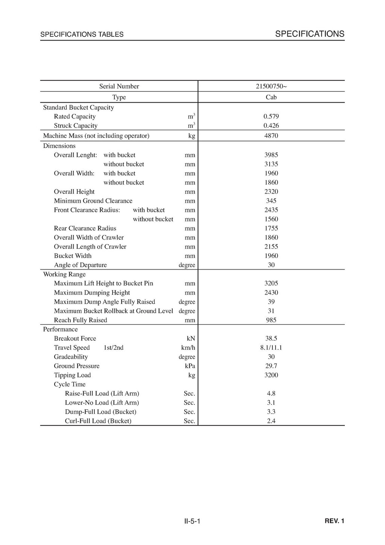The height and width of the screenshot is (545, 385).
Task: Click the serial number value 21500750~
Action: click(271, 87)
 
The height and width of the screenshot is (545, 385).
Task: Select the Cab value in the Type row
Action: click(271, 97)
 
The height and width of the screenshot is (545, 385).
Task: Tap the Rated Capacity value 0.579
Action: click(271, 117)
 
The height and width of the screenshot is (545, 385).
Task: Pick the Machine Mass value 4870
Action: click(271, 136)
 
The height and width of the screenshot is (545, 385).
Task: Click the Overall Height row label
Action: click(74, 192)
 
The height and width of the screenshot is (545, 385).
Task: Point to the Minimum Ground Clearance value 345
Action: click(271, 201)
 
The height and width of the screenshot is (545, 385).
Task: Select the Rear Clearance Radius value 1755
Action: click(271, 228)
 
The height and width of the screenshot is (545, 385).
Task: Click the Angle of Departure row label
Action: click(80, 265)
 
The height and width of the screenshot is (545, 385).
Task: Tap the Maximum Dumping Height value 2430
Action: click(271, 293)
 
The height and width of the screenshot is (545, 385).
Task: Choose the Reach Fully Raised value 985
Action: click(271, 320)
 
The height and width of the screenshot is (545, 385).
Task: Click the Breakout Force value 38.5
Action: click(271, 339)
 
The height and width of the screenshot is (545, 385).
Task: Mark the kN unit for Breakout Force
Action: click(191, 339)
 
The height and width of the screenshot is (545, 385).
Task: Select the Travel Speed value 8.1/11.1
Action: click(271, 348)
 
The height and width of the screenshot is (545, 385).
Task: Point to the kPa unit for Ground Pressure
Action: click(190, 366)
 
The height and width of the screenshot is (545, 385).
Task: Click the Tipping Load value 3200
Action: click(271, 375)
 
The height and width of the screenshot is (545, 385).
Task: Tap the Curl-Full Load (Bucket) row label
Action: click(98, 421)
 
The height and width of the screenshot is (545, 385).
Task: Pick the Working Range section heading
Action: click(64, 274)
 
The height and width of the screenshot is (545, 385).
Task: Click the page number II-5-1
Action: click(192, 521)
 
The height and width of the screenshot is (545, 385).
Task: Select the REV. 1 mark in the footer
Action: click(334, 521)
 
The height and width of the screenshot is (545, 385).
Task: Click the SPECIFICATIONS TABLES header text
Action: click(82, 35)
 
